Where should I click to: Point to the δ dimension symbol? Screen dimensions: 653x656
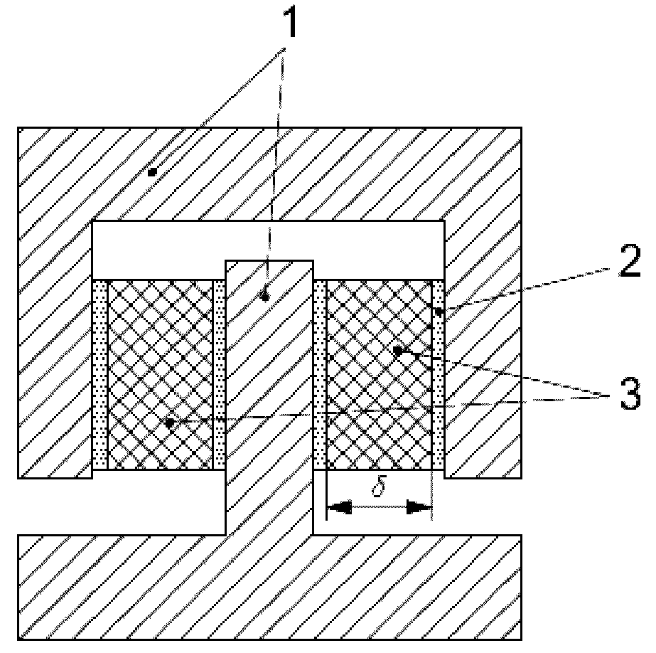[379, 490]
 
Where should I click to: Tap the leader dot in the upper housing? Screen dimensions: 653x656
[151, 171]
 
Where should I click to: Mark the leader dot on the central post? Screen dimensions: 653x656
[265, 298]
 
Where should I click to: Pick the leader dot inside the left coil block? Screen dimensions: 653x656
[169, 423]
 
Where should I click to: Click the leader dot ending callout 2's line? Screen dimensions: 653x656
[439, 311]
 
